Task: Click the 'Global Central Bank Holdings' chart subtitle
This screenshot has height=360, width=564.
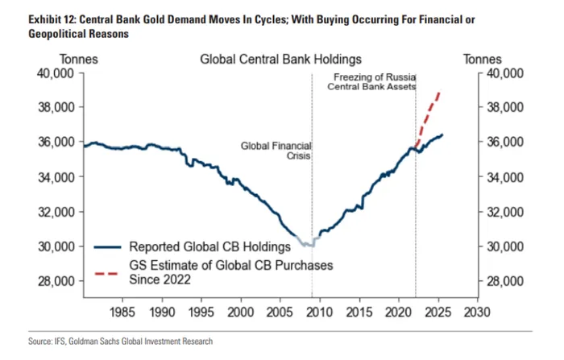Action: [280, 59]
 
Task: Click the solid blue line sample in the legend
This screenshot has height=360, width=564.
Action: [109, 246]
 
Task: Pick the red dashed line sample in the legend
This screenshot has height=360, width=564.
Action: [109, 271]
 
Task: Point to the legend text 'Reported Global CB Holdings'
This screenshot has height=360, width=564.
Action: [209, 246]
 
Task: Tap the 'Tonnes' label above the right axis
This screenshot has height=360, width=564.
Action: [482, 59]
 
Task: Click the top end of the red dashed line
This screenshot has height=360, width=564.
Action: [438, 92]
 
